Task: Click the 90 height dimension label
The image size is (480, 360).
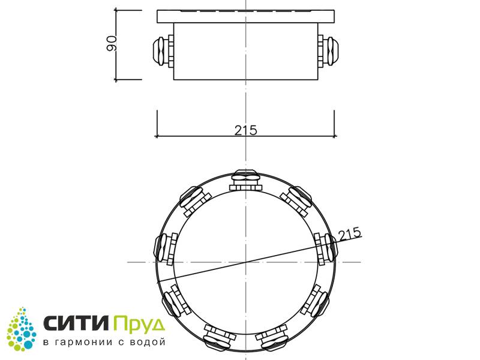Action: tap(112, 43)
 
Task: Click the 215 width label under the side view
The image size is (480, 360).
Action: tap(246, 130)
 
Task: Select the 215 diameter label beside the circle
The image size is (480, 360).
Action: tap(350, 234)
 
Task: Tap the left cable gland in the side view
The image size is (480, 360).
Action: tap(163, 52)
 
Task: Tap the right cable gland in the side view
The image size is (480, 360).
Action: tap(328, 52)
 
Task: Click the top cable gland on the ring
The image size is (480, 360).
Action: tap(246, 180)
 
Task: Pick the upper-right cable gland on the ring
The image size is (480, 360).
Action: tap(296, 201)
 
